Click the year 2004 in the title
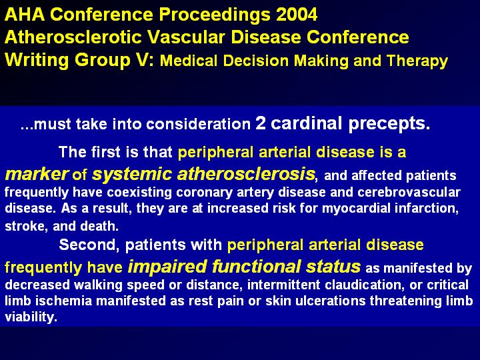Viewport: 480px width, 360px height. coord(297,15)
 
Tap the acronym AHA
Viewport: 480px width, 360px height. coord(25,15)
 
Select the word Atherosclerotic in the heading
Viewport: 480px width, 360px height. coord(73,37)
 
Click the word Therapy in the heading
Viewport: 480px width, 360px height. coord(417,61)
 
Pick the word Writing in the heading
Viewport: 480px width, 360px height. coord(37,60)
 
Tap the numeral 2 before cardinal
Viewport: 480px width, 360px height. coord(261,123)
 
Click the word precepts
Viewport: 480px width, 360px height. coord(389,124)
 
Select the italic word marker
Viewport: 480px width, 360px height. coord(37,174)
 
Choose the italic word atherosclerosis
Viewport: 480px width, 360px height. coord(246,173)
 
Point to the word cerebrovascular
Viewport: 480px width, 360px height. coord(409,192)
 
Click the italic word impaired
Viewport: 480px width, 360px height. coord(167,267)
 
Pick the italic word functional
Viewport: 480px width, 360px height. coord(257,266)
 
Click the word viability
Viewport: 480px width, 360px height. coord(31,317)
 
